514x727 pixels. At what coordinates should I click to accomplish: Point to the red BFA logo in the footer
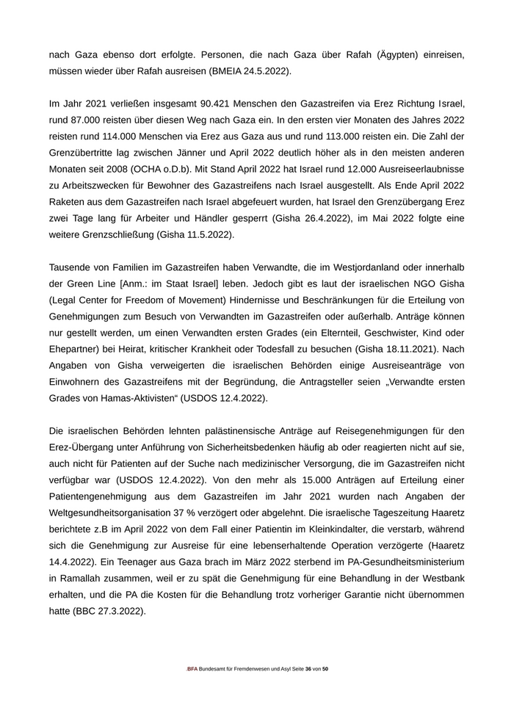click(192, 670)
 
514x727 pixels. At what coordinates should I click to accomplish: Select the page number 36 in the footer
click(308, 670)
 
